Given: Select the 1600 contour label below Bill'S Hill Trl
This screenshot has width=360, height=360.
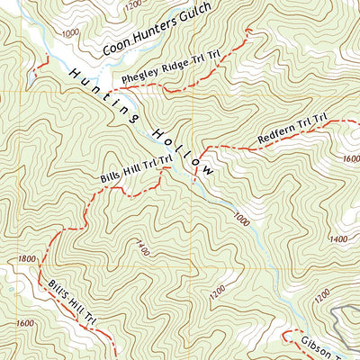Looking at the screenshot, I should (x=23, y=323).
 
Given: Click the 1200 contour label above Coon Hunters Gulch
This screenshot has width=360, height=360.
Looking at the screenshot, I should (x=132, y=4).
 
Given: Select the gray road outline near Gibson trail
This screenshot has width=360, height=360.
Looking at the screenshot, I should (x=340, y=316).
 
